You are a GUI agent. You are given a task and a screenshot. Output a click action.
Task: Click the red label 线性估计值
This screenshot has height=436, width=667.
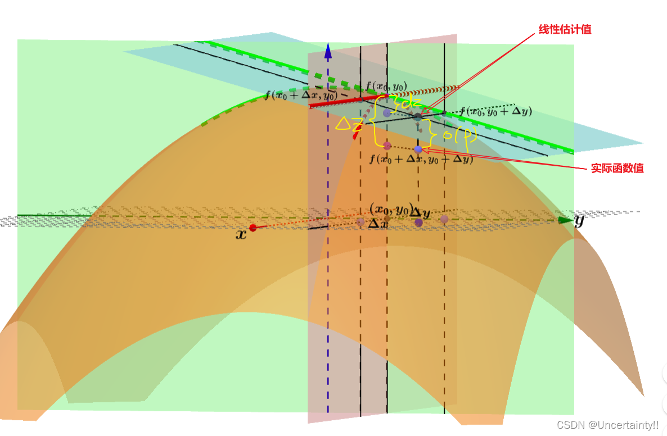(x=565, y=29)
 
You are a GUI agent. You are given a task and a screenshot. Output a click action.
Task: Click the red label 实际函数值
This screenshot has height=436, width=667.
(x=617, y=168)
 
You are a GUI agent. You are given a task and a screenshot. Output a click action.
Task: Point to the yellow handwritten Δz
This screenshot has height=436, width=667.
(x=349, y=124)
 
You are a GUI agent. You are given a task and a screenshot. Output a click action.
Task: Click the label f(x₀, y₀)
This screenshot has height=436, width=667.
(x=386, y=86)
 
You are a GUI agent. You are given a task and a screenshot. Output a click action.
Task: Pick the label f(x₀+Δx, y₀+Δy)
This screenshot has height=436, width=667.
(x=421, y=160)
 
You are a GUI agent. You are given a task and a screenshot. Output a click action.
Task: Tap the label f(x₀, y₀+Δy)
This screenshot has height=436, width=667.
(x=495, y=111)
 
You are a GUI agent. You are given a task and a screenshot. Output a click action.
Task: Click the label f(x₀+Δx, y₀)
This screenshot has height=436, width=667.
(x=301, y=94)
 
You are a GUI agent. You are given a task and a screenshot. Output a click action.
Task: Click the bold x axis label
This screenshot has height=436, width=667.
(x=241, y=235)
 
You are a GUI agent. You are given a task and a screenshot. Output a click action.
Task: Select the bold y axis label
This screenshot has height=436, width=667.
(x=579, y=220)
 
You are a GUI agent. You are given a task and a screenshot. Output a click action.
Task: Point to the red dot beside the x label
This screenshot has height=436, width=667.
(x=253, y=228)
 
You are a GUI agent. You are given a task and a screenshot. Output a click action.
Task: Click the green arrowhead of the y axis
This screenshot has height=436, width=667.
(x=565, y=220)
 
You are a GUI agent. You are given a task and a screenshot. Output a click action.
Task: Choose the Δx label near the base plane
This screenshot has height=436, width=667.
(x=377, y=222)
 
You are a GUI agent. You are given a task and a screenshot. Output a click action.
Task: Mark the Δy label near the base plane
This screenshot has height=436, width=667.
(x=420, y=212)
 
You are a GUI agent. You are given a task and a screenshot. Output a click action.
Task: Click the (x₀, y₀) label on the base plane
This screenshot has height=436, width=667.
(x=391, y=208)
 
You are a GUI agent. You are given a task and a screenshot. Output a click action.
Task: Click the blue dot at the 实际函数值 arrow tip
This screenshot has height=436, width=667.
(x=418, y=149)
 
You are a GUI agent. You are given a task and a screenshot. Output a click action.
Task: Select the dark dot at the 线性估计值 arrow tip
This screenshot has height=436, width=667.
(x=417, y=117)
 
